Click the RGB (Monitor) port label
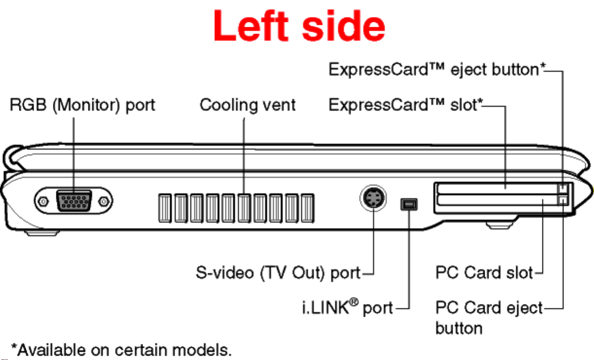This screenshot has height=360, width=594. (82, 105)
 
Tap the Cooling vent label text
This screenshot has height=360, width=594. (247, 105)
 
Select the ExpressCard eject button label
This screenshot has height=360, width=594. (437, 69)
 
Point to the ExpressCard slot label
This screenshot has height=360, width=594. (406, 105)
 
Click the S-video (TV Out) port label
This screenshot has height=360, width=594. (278, 273)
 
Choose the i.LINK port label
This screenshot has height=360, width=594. (347, 307)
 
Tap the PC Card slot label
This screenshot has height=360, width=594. (484, 273)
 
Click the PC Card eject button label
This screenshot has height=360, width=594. (489, 318)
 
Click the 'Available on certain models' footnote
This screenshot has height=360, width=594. (121, 350)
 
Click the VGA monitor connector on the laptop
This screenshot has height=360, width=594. (74, 201)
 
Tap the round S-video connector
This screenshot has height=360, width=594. (373, 198)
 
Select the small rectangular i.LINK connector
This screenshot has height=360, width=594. (409, 204)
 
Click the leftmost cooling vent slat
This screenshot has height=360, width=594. (165, 208)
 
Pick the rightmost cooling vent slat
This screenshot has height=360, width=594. (307, 208)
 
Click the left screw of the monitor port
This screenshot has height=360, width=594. (43, 202)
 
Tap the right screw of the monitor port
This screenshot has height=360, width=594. (103, 202)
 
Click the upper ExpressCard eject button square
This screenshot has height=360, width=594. (562, 189)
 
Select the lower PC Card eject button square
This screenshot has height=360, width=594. (562, 200)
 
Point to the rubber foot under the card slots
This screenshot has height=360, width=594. (499, 226)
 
